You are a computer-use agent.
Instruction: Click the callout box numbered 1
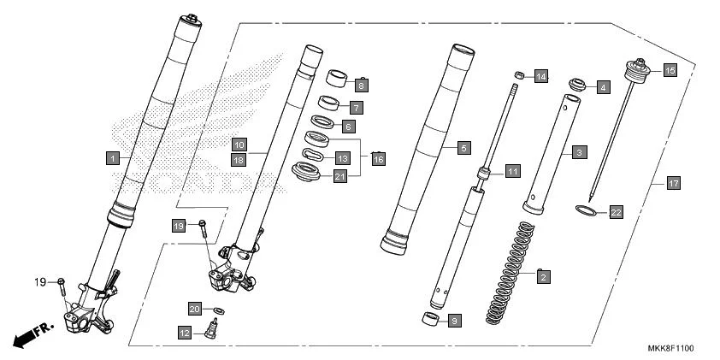click(111, 157)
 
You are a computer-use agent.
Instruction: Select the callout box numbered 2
click(542, 276)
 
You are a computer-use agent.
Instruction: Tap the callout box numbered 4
click(603, 86)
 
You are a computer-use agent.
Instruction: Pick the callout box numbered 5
click(463, 148)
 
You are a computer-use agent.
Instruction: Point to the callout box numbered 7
click(356, 108)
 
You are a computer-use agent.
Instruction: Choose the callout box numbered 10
click(239, 145)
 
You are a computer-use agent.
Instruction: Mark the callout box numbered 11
click(511, 171)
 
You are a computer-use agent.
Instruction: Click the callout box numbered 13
click(342, 158)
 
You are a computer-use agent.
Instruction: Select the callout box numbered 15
click(670, 71)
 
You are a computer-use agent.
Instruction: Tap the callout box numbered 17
click(674, 183)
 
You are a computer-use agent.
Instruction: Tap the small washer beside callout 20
click(219, 309)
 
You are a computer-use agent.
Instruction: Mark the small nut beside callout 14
click(518, 74)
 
